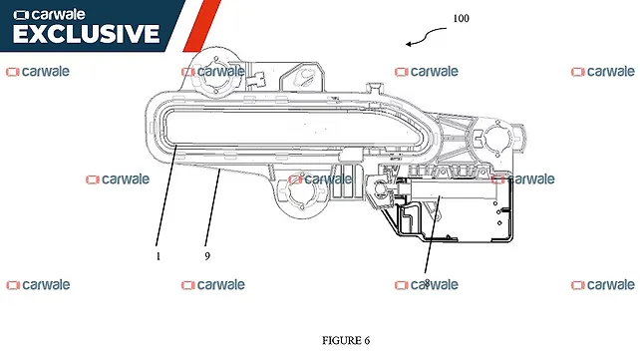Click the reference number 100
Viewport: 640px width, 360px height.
[461, 19]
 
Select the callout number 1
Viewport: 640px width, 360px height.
[158, 255]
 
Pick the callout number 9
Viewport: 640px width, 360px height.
[206, 255]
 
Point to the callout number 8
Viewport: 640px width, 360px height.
[427, 283]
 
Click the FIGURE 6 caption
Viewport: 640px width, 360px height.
[346, 340]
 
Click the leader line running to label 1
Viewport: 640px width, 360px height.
[166, 199]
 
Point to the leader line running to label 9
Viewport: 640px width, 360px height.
[212, 209]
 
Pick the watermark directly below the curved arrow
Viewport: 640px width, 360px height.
[427, 72]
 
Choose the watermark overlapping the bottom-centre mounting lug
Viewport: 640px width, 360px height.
[321, 180]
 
